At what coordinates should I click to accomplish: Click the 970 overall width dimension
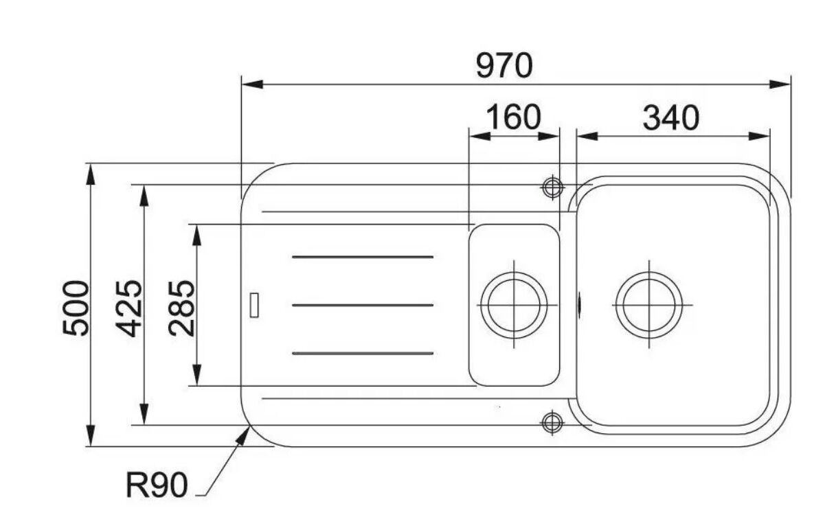point(504,66)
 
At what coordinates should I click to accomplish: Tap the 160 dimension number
point(514,117)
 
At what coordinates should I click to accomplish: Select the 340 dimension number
point(670,118)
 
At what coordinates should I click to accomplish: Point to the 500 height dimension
point(76,308)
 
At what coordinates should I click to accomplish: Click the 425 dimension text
point(128,308)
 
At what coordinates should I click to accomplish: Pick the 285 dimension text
point(181,308)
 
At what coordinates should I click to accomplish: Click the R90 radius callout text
point(157,485)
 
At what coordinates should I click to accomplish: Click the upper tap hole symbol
point(553,187)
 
